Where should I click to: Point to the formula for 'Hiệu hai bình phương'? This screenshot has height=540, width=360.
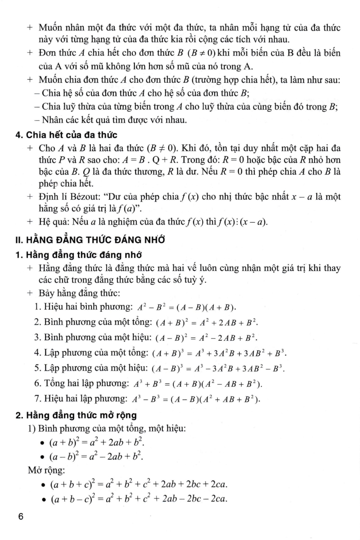pyautogui.click(x=186, y=307)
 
